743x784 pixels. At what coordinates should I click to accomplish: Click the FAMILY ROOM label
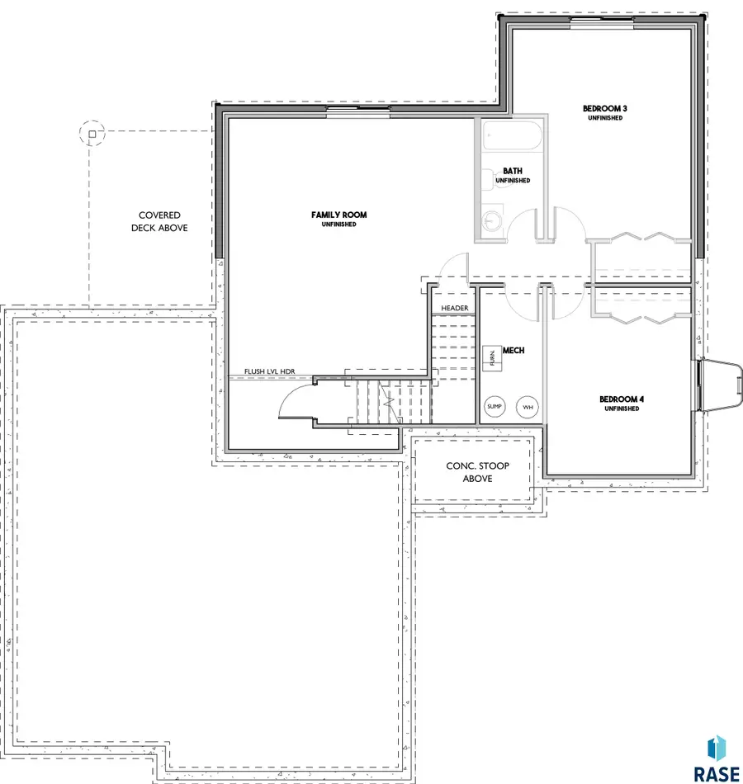(339, 215)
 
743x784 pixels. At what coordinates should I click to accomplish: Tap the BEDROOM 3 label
(603, 109)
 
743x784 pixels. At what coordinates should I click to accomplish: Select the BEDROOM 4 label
(622, 399)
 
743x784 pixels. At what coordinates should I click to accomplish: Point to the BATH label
(513, 172)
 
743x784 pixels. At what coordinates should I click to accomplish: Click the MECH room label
(513, 351)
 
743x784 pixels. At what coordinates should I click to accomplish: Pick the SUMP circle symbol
(495, 407)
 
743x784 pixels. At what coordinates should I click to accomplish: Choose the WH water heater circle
(528, 407)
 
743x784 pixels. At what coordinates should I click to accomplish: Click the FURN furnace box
(492, 357)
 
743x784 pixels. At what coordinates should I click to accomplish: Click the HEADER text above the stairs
(454, 308)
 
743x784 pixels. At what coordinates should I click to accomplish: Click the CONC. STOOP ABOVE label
(478, 472)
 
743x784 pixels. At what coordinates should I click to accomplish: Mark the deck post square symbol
(92, 132)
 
